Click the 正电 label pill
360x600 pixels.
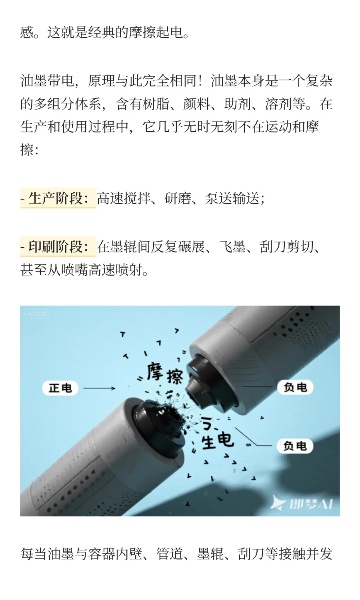pos(60,388)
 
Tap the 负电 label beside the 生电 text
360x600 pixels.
pos(295,446)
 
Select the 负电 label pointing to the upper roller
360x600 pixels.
pos(295,387)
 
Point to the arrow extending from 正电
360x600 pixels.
pos(99,388)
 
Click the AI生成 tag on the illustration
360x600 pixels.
pos(37,314)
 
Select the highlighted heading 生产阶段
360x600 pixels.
pos(58,198)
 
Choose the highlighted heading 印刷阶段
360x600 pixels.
pos(58,247)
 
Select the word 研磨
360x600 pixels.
pos(178,198)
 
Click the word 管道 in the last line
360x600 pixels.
pos(170,554)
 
